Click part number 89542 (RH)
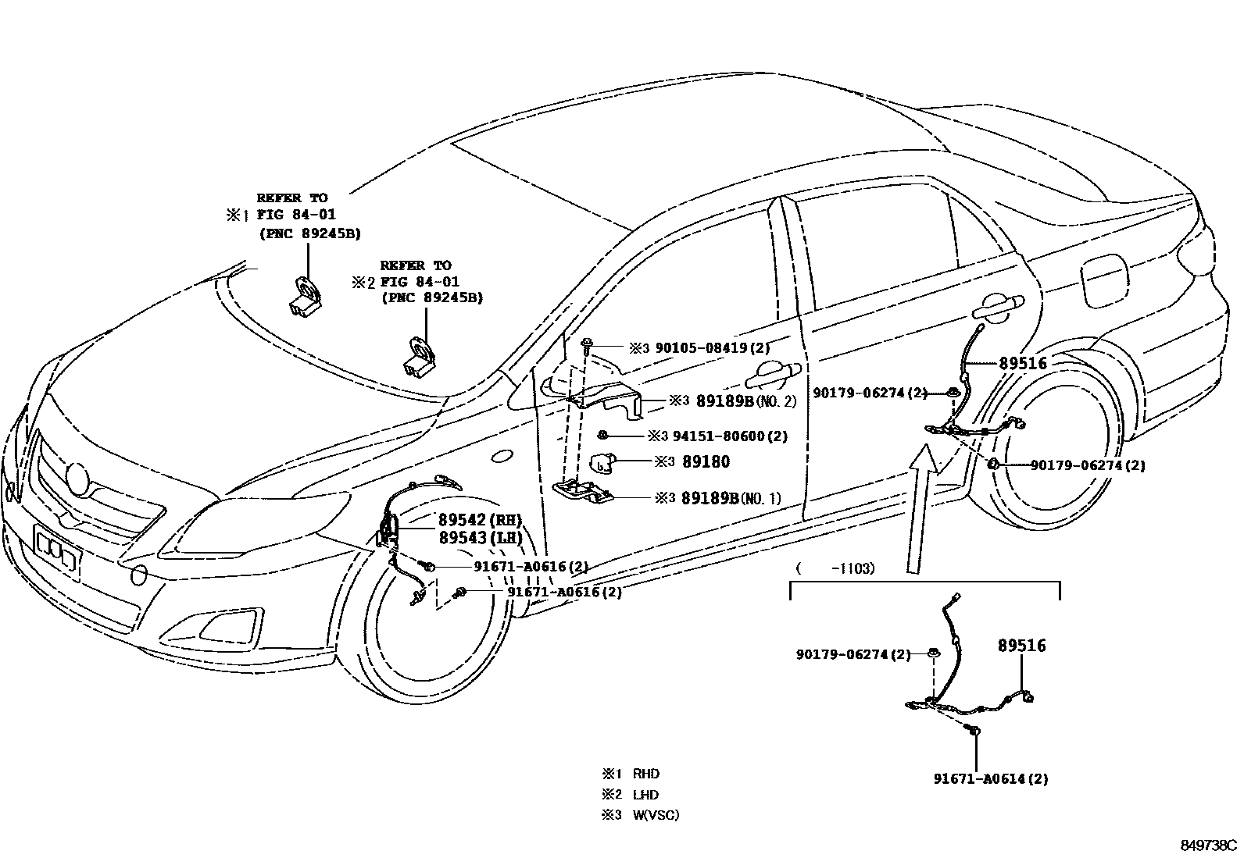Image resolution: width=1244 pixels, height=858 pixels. click(x=479, y=520)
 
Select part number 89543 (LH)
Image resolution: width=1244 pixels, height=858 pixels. click(x=479, y=538)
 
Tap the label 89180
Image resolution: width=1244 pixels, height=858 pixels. click(x=705, y=462)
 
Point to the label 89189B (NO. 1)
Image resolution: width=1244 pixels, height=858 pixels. click(x=731, y=497)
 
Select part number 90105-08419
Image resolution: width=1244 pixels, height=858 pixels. click(x=701, y=348)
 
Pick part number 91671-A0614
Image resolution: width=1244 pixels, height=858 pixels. click(x=991, y=778)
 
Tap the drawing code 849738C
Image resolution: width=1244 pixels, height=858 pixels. click(x=1208, y=845)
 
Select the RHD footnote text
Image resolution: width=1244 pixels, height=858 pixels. click(x=645, y=774)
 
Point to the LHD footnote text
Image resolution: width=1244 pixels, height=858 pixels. click(x=645, y=795)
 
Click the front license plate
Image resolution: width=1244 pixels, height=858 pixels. click(x=57, y=550)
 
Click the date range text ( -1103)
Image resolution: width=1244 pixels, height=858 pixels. click(x=835, y=568)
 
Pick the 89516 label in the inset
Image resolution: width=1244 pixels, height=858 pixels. click(x=1021, y=646)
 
